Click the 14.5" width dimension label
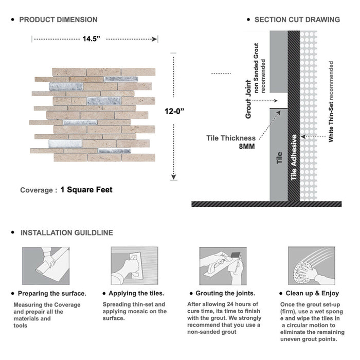tap(94, 39)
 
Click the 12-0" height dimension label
tap(175, 111)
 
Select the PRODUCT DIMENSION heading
tap(58, 20)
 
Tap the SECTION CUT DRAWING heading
tap(297, 20)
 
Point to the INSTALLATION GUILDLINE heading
tap(66, 233)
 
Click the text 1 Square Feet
tap(86, 190)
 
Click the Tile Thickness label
tap(231, 138)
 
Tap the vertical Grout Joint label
tap(248, 99)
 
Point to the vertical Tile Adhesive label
tap(294, 157)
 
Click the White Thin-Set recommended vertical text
tap(331, 102)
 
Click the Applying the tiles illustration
tap(134, 266)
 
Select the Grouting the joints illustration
tap(223, 266)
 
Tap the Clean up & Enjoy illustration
tap(311, 266)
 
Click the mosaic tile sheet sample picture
tap(95, 114)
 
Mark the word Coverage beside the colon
tap(36, 190)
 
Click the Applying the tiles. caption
tap(136, 293)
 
